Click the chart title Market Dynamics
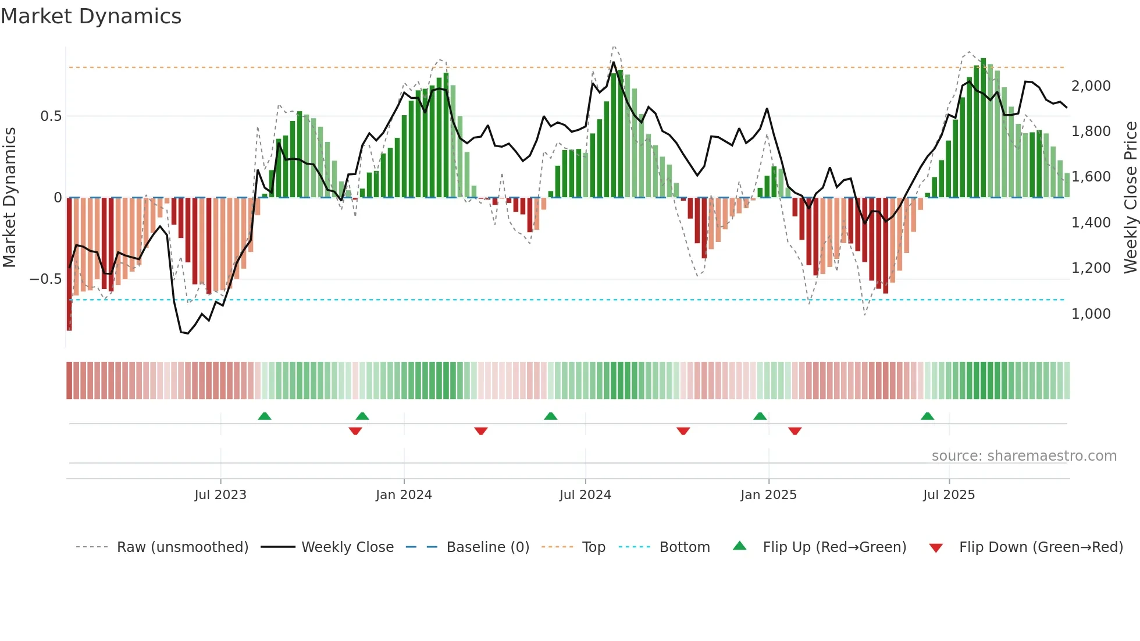(x=91, y=16)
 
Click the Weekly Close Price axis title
(x=1130, y=197)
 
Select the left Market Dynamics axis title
(x=9, y=197)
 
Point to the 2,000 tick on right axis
(x=1091, y=86)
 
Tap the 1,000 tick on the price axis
(x=1091, y=314)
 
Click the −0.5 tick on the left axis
(x=45, y=279)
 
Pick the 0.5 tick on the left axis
(x=51, y=116)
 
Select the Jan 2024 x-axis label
(x=404, y=494)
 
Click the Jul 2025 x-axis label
(x=949, y=494)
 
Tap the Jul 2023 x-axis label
(x=220, y=494)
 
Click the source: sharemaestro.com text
(x=1024, y=455)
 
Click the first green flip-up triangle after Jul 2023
(x=265, y=416)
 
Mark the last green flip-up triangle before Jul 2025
(x=927, y=416)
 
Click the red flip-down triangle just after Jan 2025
(x=795, y=430)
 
